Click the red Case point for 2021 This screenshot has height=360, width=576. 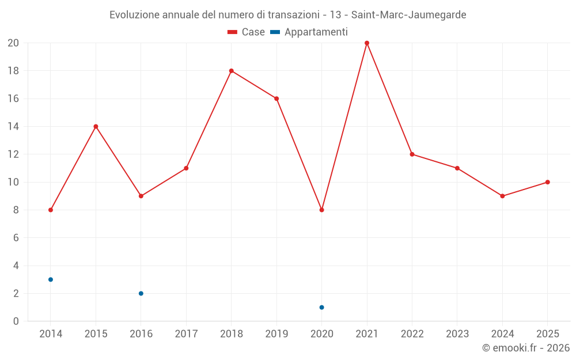pos(367,43)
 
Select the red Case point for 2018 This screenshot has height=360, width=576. pos(232,71)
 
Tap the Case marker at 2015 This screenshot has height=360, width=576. pos(96,127)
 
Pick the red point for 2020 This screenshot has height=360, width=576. pos(321,210)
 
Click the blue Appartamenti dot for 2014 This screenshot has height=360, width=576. pos(51,279)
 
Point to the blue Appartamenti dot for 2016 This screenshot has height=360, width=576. pos(141,294)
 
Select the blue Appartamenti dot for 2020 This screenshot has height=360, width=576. pos(321,308)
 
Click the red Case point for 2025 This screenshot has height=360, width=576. pos(548,182)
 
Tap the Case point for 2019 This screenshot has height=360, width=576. pos(276,98)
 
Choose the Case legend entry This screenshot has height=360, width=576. pos(246,32)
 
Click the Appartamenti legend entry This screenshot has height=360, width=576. pos(309,32)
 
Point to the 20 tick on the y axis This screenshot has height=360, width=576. pos(13,43)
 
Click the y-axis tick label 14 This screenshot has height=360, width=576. pos(13,127)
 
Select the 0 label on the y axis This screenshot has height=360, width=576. pos(16,321)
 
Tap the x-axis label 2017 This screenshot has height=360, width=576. pos(186,334)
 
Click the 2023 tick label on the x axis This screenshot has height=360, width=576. pos(457,334)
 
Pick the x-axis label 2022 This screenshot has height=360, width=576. pos(412,334)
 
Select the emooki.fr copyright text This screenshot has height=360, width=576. pos(526,348)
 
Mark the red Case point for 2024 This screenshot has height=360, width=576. pos(502,196)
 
